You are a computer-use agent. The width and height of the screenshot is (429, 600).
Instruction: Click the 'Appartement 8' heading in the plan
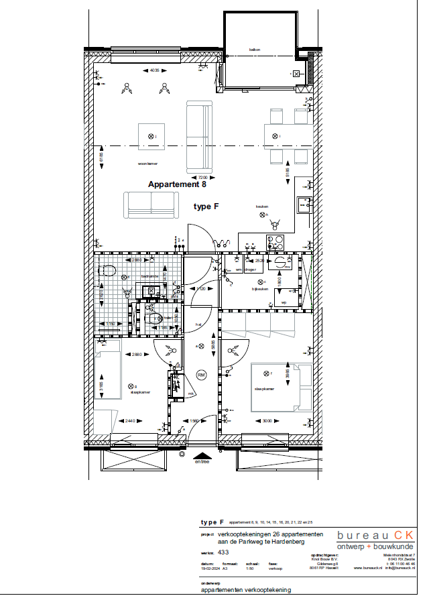point(174,184)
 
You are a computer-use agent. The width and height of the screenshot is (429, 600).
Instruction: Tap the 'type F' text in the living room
point(206,207)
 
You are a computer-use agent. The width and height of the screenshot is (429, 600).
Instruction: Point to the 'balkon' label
point(254,50)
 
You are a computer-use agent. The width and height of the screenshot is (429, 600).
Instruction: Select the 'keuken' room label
point(261,206)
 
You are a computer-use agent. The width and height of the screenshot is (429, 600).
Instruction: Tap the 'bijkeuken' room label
point(259,289)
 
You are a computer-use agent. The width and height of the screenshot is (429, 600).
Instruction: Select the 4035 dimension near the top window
point(155,70)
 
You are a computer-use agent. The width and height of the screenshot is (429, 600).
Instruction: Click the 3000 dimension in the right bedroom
point(268,421)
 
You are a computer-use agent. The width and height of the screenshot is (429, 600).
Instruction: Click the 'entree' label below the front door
point(202,461)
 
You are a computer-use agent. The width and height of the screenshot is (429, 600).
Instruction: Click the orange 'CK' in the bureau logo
point(404,535)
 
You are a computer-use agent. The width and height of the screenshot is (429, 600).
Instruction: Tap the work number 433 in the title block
point(224,552)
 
